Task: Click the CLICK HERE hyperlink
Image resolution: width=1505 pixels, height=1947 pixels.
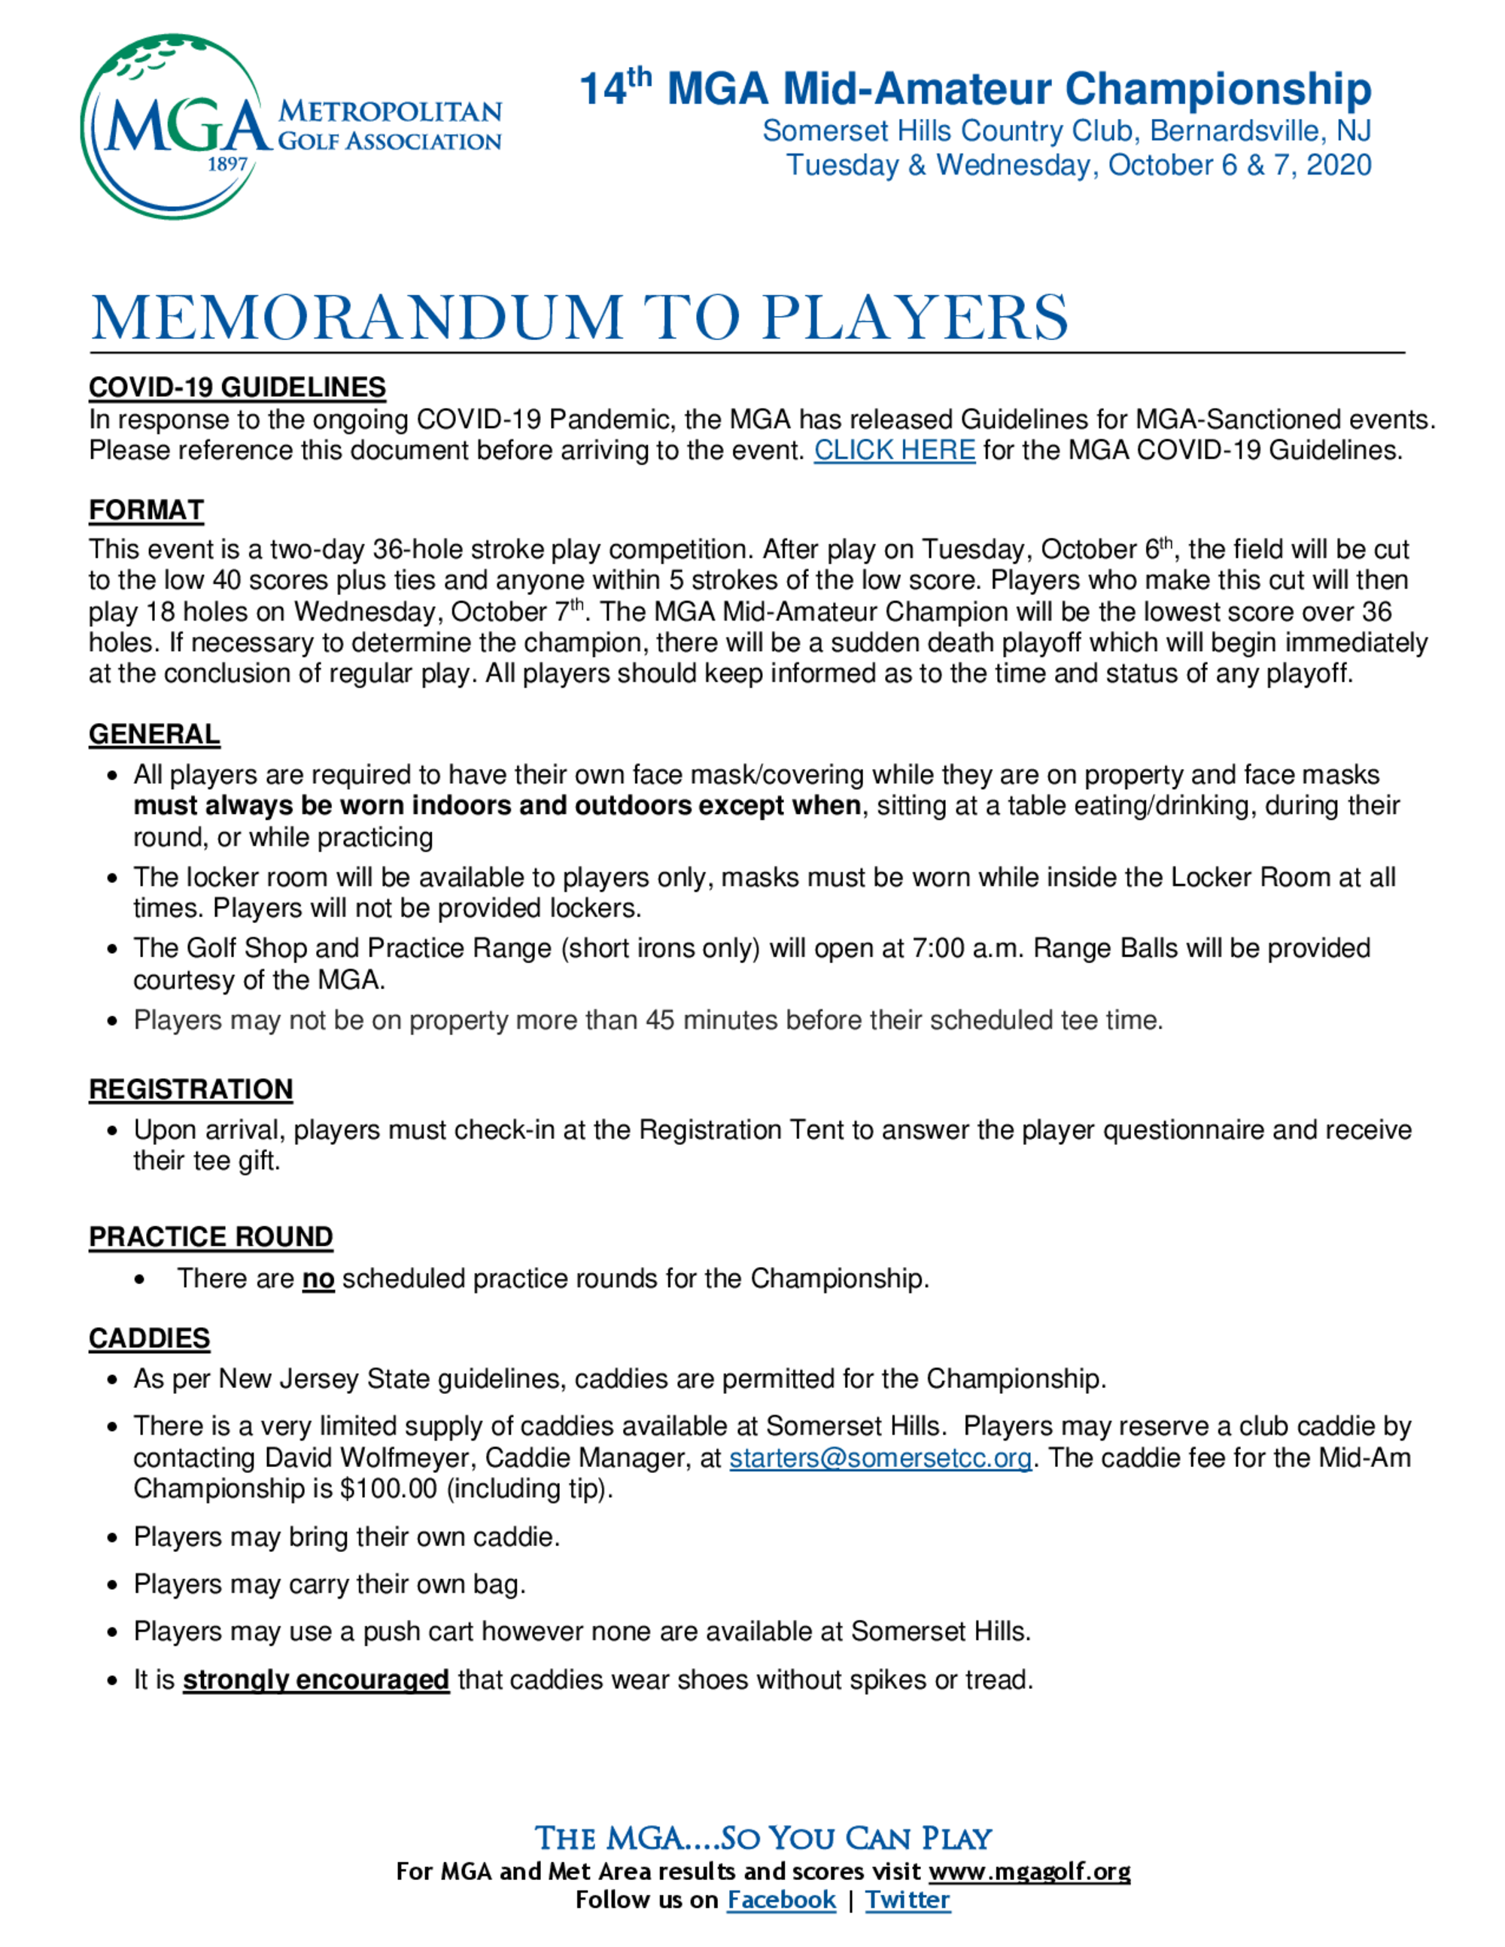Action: click(x=893, y=450)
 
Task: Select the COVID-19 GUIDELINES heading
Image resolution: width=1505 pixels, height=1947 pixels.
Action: click(x=237, y=387)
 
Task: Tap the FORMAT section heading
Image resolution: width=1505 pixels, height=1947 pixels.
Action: click(x=146, y=510)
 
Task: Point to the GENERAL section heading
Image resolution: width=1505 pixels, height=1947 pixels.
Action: click(x=154, y=734)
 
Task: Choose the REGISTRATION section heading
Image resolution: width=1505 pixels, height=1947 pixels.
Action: click(x=191, y=1089)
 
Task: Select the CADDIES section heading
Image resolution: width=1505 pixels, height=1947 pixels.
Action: click(x=149, y=1338)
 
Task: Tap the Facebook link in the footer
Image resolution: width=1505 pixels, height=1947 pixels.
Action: click(x=781, y=1900)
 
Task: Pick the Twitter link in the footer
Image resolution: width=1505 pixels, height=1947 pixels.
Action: click(x=907, y=1900)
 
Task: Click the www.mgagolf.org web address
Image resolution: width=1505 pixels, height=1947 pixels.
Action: click(x=1029, y=1871)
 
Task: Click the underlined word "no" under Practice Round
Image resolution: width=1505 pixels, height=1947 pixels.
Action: click(x=318, y=1278)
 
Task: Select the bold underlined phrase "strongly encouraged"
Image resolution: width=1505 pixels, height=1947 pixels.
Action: click(x=315, y=1680)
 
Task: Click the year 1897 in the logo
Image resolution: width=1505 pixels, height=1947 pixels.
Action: click(x=227, y=164)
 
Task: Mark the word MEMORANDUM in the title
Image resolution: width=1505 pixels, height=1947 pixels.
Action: click(x=356, y=317)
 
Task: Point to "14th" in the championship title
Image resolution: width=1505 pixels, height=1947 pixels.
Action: click(x=616, y=87)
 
